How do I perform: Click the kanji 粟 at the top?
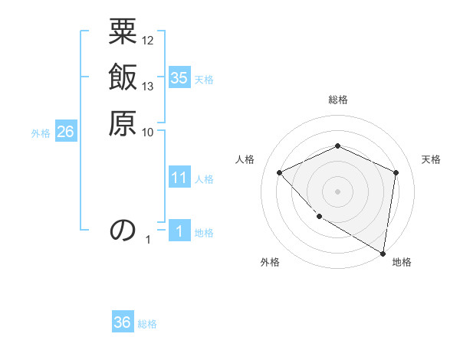pyautogui.click(x=123, y=34)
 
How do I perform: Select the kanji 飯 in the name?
pyautogui.click(x=123, y=79)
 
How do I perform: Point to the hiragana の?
pyautogui.click(x=123, y=231)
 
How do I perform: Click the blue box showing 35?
pyautogui.click(x=179, y=77)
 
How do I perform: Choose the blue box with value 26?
pyautogui.click(x=65, y=133)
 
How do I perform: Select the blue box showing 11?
pyautogui.click(x=179, y=178)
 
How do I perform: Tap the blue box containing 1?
pyautogui.click(x=179, y=231)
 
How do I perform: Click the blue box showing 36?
pyautogui.click(x=123, y=322)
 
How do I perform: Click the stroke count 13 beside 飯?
pyautogui.click(x=148, y=86)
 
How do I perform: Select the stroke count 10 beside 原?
pyautogui.click(x=148, y=131)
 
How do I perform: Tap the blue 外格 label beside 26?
pyautogui.click(x=41, y=133)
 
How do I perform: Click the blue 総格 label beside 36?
pyautogui.click(x=147, y=324)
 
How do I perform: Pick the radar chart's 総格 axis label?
pyautogui.click(x=337, y=100)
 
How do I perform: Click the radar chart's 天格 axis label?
pyautogui.click(x=431, y=159)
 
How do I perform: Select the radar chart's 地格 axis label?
pyautogui.click(x=402, y=263)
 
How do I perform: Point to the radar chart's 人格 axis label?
pyautogui.click(x=245, y=159)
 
